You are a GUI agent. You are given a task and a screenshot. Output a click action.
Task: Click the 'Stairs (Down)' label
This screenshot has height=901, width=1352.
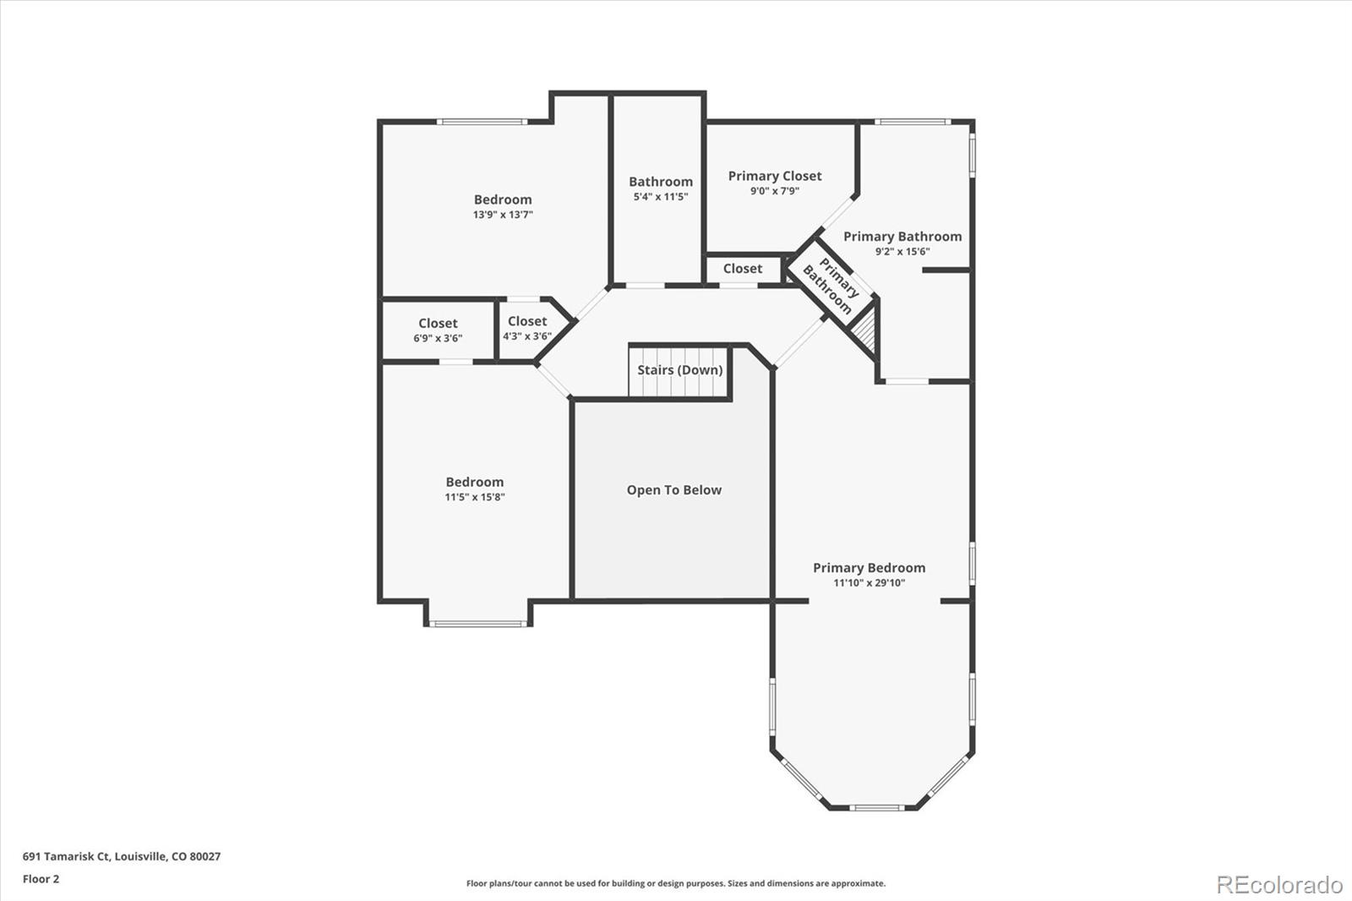pyautogui.click(x=679, y=370)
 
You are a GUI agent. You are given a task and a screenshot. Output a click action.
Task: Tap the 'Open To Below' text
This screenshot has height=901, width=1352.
pyautogui.click(x=673, y=490)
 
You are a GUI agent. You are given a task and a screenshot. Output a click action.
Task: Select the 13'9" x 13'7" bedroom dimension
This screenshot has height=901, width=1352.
pyautogui.click(x=503, y=215)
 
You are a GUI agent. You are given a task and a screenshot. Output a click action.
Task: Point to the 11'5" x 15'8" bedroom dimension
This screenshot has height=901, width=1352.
pyautogui.click(x=475, y=497)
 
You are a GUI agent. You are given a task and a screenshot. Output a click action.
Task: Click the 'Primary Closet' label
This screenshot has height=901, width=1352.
pyautogui.click(x=774, y=176)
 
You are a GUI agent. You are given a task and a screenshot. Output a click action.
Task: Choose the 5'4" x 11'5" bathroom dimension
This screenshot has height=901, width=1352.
pyautogui.click(x=661, y=196)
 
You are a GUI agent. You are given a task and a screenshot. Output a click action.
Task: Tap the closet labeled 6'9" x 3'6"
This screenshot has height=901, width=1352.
pyautogui.click(x=438, y=330)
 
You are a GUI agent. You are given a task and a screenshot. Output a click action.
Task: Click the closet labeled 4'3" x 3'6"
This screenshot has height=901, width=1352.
pyautogui.click(x=527, y=328)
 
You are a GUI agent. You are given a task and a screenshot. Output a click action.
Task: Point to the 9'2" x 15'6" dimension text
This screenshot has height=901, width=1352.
pyautogui.click(x=902, y=251)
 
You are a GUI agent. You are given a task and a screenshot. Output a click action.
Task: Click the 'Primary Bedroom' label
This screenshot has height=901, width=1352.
pyautogui.click(x=869, y=568)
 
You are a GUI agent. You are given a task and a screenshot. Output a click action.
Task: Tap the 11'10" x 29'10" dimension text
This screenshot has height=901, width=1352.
pyautogui.click(x=869, y=582)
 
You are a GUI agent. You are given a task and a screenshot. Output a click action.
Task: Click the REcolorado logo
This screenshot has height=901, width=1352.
pyautogui.click(x=1278, y=884)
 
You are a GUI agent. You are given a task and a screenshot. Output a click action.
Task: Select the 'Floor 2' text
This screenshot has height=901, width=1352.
pyautogui.click(x=41, y=879)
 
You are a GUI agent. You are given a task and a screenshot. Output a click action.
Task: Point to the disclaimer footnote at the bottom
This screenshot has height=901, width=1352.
pyautogui.click(x=676, y=883)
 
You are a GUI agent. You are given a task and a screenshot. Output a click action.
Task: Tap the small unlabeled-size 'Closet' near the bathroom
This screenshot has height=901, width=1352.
pyautogui.click(x=742, y=269)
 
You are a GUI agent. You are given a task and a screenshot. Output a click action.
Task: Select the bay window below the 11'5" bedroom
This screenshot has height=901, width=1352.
pyautogui.click(x=477, y=624)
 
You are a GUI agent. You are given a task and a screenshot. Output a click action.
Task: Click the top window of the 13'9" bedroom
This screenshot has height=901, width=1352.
pyautogui.click(x=482, y=122)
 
